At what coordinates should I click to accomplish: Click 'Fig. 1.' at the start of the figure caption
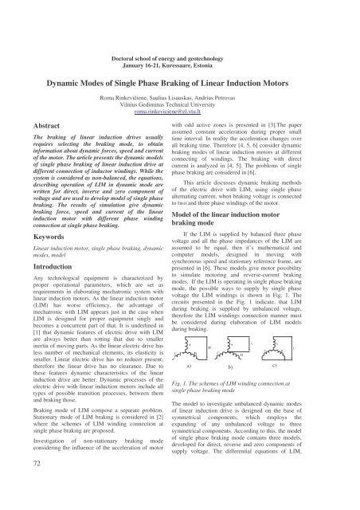[x=202, y=385]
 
